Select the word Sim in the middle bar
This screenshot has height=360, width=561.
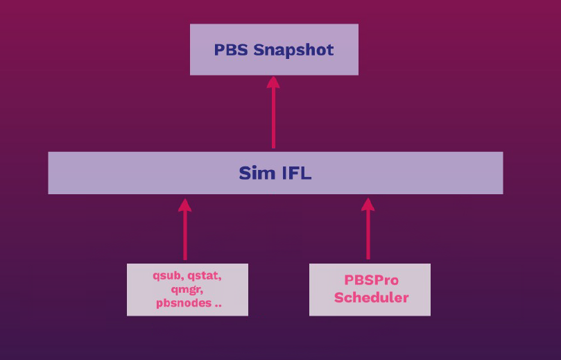(253, 173)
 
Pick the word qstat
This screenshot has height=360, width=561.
(205, 275)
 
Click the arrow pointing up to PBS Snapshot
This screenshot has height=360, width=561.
(273, 114)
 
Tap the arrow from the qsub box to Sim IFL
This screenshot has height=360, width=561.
(184, 232)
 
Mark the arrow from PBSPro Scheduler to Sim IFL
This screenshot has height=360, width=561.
(368, 232)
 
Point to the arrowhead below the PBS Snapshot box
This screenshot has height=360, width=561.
(273, 82)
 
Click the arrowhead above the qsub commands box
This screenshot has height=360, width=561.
(184, 205)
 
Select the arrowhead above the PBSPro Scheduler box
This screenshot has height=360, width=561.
(368, 205)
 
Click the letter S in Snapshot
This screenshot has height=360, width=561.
(258, 50)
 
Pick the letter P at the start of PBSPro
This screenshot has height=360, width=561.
(349, 281)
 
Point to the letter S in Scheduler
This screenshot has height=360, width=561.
(339, 298)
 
